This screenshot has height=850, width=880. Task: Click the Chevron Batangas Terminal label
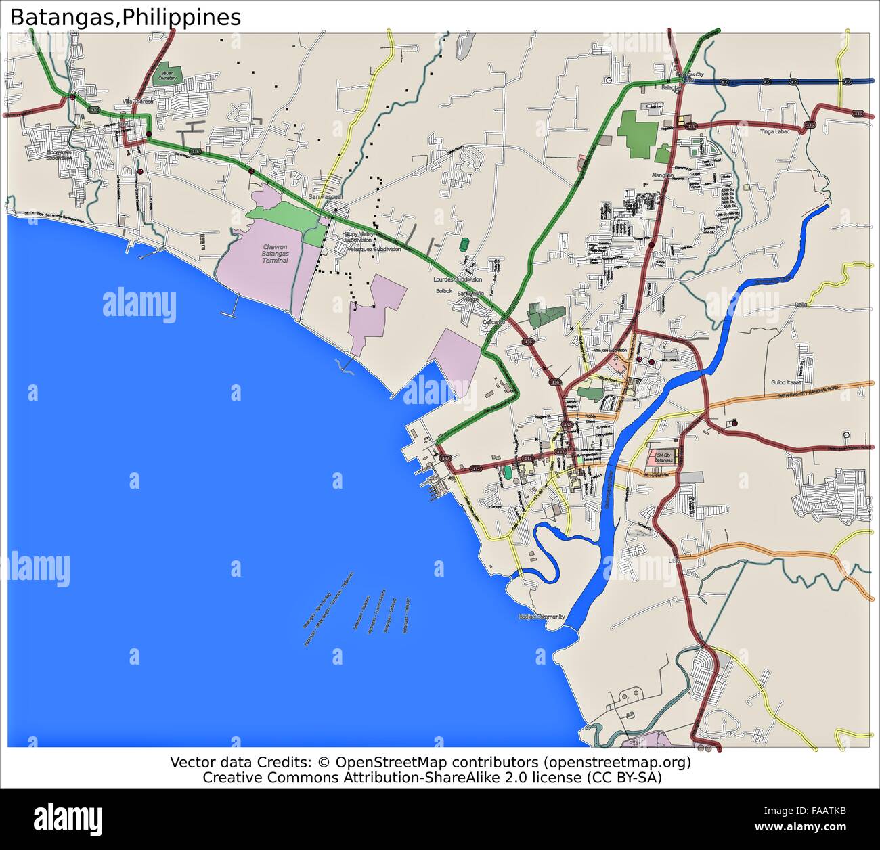[276, 254]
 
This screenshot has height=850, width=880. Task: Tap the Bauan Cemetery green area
[167, 74]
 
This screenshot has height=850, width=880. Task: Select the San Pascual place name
[326, 196]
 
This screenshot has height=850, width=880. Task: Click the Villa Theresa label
[137, 101]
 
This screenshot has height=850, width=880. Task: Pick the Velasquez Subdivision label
[374, 249]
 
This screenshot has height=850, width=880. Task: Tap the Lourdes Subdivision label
[458, 279]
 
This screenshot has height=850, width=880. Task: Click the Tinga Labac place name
[775, 131]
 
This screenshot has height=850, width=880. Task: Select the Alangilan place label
[662, 175]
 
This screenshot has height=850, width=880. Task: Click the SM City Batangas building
[661, 458]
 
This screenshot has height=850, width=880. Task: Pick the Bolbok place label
[444, 291]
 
